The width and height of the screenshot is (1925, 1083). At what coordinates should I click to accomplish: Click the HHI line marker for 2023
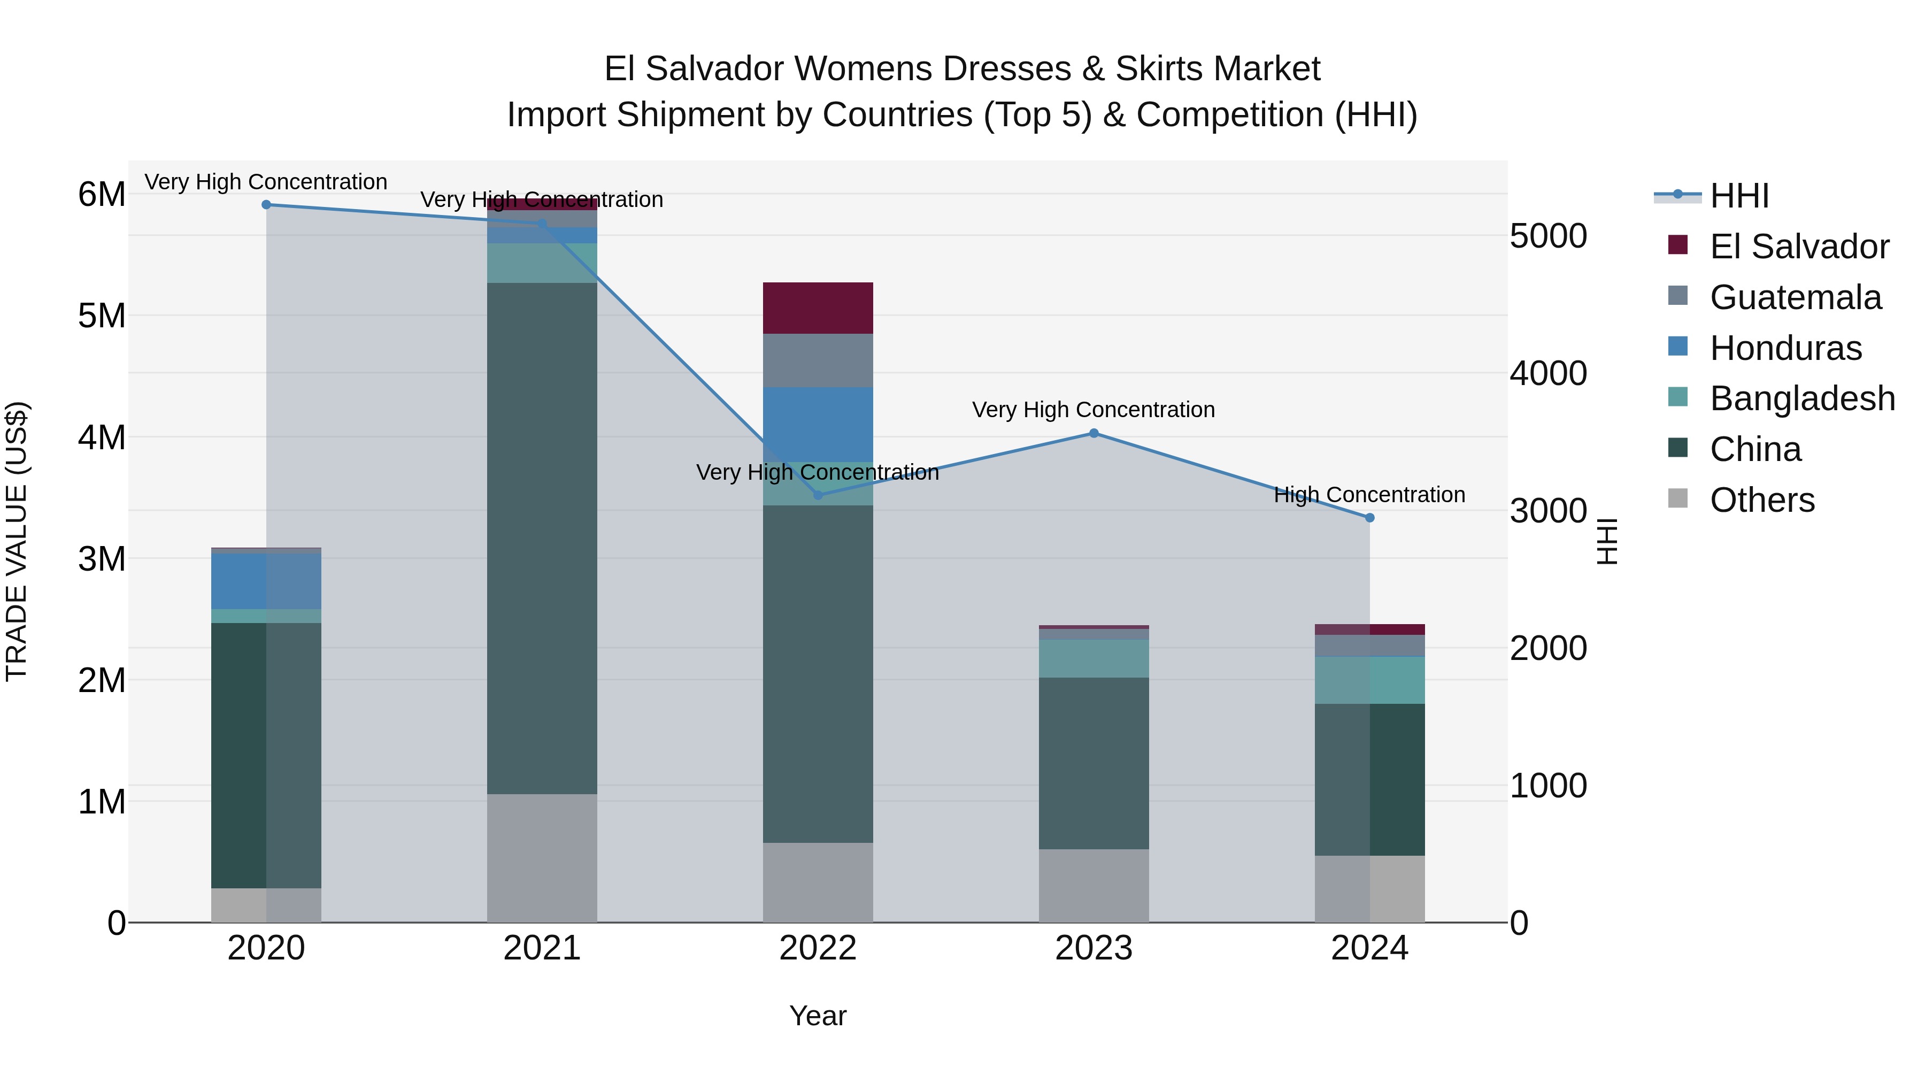[1094, 434]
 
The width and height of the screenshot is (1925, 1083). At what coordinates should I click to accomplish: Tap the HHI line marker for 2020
[266, 205]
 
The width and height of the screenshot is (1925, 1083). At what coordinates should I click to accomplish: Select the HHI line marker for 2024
[1369, 518]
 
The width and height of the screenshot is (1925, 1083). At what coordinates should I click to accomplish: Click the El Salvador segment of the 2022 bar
[818, 308]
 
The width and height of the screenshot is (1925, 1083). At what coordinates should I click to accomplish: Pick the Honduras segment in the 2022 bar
[818, 424]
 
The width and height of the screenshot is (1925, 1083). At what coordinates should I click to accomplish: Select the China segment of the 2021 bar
[542, 538]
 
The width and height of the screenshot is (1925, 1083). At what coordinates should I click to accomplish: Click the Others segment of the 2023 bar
[1094, 886]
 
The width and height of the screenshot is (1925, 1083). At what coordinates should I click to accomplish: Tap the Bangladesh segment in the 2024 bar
[1369, 680]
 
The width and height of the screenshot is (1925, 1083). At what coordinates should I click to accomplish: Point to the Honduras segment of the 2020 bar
[266, 581]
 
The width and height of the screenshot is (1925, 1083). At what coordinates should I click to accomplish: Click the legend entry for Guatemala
[1794, 297]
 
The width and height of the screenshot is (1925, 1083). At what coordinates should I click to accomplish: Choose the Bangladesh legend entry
[1801, 398]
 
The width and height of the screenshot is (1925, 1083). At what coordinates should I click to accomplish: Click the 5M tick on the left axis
[102, 316]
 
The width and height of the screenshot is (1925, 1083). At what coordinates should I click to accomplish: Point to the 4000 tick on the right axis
[1547, 374]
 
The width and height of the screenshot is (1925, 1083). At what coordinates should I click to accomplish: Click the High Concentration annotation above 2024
[1369, 495]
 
